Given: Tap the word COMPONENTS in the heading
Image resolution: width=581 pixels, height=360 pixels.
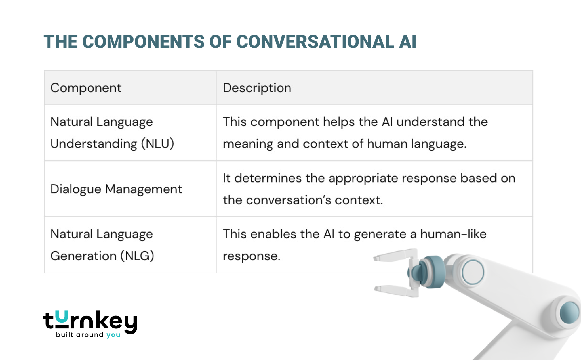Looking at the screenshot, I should (143, 42).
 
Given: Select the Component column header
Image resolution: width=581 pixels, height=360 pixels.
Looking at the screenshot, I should (86, 88).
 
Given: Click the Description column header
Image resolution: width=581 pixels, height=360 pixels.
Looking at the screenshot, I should (257, 88).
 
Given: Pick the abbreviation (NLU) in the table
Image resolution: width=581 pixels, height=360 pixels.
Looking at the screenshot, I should (158, 144).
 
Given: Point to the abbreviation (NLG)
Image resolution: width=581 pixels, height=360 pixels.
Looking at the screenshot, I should (137, 256).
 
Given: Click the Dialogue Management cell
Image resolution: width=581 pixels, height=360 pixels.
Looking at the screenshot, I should (116, 189).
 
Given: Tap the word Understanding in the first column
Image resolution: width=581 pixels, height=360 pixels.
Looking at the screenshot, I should (94, 144).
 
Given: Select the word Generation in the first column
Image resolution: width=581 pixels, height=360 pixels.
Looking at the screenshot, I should (83, 256).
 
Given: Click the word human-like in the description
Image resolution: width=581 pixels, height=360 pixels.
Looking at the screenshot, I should (453, 234).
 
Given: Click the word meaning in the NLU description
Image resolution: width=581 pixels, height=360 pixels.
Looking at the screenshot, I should (248, 144).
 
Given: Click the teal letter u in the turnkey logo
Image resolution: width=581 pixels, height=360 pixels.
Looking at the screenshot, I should (62, 317).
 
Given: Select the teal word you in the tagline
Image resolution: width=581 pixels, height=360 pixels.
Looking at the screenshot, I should (113, 335).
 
